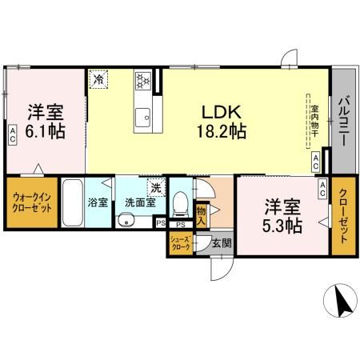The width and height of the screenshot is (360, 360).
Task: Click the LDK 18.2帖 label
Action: pos(217,121)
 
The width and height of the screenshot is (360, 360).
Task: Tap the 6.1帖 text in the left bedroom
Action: pos(45,130)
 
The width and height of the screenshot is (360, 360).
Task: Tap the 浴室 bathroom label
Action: pos(97,202)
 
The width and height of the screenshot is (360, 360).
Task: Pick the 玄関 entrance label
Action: pos(222,243)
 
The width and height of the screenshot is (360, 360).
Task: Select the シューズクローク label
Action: pos(180,245)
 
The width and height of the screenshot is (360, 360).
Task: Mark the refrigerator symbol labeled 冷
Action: pos(98,79)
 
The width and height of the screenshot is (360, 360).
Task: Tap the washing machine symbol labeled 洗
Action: pos(156,188)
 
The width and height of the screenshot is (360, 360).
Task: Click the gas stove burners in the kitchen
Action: pos(144,80)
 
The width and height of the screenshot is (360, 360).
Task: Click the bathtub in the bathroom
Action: pos(72,204)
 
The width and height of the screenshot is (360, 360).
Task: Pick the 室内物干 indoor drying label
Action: pos(315,121)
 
